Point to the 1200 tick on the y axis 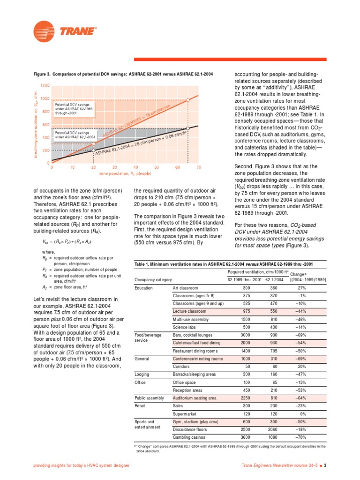point(45,86)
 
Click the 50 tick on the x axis point(157,167)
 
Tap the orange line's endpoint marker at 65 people point(188,100)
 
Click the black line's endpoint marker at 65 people point(188,127)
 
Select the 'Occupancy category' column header point(153,279)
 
